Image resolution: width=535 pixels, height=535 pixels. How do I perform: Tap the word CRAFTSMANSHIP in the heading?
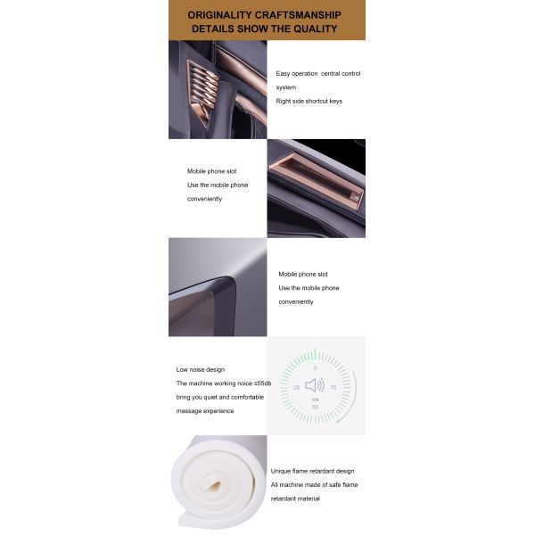[x=298, y=15]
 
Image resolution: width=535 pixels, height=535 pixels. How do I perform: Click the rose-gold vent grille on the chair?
[x=202, y=90]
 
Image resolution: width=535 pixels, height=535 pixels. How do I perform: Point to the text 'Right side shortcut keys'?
[x=309, y=102]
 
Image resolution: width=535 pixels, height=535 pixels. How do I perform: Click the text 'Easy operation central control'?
[x=318, y=74]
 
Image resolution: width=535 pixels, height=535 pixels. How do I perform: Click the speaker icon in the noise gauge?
[x=315, y=385]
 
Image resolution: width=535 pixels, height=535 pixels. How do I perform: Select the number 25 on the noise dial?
[x=297, y=388]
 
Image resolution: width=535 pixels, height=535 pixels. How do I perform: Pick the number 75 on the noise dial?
[x=333, y=388]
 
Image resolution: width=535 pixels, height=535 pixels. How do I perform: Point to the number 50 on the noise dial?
[x=316, y=407]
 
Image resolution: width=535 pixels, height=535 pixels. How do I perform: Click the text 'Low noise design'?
[x=201, y=369]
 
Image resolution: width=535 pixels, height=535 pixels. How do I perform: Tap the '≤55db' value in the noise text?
[x=263, y=383]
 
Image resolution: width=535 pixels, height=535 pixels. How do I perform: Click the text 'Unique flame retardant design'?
[x=313, y=471]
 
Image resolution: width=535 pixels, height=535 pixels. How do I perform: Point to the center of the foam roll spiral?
[x=214, y=486]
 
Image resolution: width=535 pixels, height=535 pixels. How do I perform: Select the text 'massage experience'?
[x=205, y=411]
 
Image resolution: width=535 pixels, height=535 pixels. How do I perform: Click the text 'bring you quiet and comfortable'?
[x=220, y=397]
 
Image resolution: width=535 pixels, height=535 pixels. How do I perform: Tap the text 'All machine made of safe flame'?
[x=314, y=485]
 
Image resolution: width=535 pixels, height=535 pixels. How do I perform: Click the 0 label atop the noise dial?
[x=316, y=368]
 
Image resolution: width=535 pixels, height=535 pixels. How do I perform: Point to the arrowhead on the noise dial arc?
[x=339, y=421]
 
